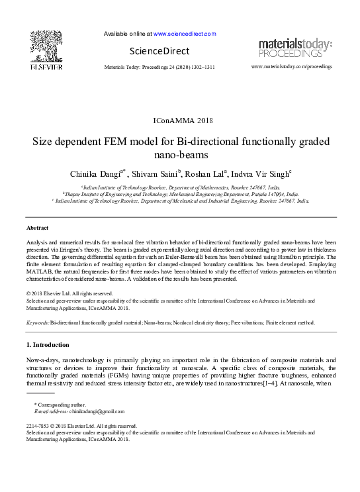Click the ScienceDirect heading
(x=159, y=51)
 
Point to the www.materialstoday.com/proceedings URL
(x=292, y=67)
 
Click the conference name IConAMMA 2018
(x=180, y=121)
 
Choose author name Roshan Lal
(x=204, y=174)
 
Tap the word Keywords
(x=38, y=322)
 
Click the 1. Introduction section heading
(x=47, y=345)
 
